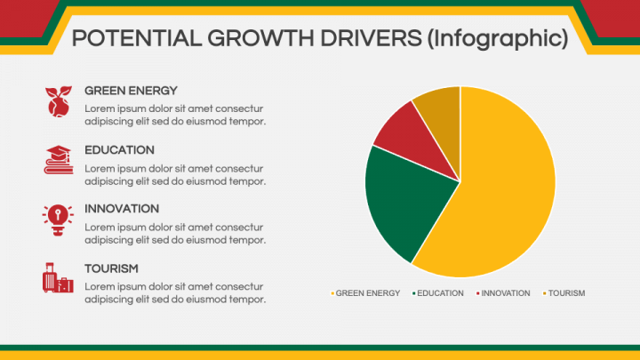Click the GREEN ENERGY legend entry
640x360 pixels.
coord(365,293)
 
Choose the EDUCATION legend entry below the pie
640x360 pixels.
coord(438,293)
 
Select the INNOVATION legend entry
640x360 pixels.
coord(503,293)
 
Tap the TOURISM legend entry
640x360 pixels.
coord(564,293)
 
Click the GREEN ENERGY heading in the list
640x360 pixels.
coord(131,91)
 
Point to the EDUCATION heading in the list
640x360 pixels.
coord(119,150)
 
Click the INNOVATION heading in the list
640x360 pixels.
coord(122,209)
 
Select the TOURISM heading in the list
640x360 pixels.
coord(111,268)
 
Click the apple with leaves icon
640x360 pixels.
coord(59,101)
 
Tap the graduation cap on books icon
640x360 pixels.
coord(59,160)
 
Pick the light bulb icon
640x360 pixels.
coord(58,220)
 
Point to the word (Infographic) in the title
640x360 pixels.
coord(498,39)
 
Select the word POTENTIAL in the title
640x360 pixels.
coord(137,38)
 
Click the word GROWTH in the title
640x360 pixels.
coord(260,38)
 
